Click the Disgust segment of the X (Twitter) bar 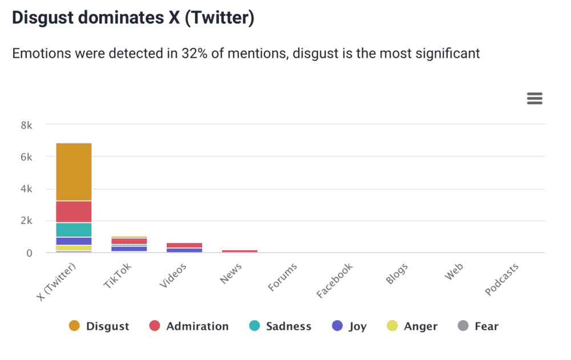(x=74, y=171)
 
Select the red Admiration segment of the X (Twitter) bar (x=74, y=211)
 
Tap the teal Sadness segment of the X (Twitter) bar (x=74, y=230)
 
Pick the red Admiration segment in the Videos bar (x=184, y=245)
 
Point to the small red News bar (x=240, y=251)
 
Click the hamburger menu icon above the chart (x=534, y=98)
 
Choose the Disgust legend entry (x=99, y=326)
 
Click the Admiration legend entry (x=189, y=326)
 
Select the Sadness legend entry (x=280, y=326)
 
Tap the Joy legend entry (x=349, y=326)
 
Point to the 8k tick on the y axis (x=26, y=125)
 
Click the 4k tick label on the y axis (x=26, y=189)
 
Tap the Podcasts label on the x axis (x=502, y=280)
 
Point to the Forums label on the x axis (x=282, y=277)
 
